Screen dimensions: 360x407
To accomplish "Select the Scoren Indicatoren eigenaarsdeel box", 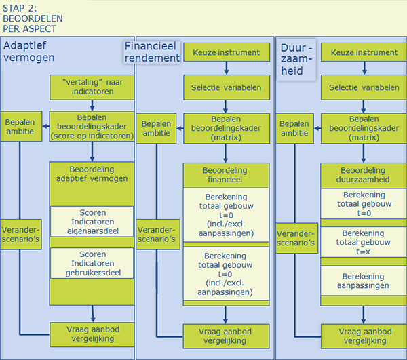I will (x=92, y=222).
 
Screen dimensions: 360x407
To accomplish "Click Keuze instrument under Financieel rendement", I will (x=227, y=52).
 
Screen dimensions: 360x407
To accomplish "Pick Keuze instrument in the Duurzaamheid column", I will (x=364, y=52).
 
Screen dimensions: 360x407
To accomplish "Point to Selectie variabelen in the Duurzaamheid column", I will (x=364, y=88).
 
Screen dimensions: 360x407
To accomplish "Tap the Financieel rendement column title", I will (x=152, y=52).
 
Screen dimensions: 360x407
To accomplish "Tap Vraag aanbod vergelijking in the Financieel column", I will (x=227, y=336).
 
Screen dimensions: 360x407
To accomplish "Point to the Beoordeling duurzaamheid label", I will (x=364, y=174).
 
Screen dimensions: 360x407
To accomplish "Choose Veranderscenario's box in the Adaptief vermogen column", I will (x=20, y=230).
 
